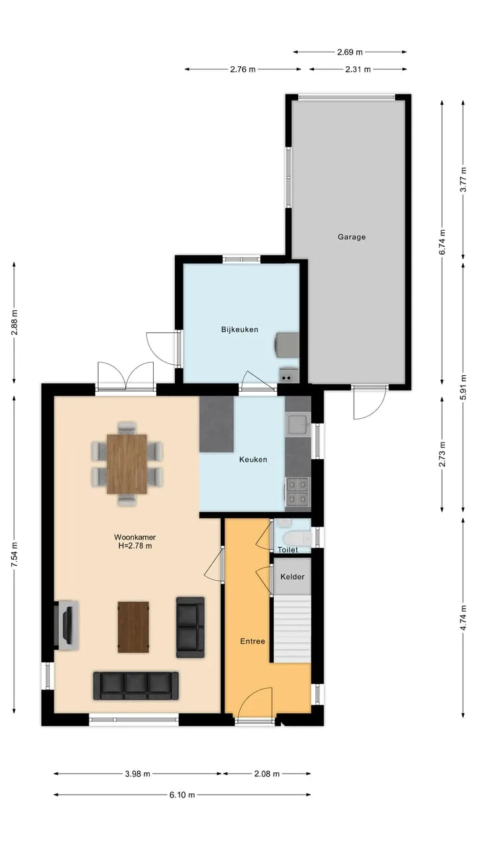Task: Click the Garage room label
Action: coord(352,237)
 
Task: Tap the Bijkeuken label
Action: coord(240,330)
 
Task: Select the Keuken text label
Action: coord(253,459)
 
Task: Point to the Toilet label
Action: coord(288,550)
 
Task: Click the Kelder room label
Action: coord(292,576)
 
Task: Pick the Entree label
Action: coord(252,641)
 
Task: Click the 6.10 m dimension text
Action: coord(182,795)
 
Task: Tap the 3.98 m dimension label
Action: coord(138,774)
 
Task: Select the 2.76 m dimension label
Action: coord(242,69)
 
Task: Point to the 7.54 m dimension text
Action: coord(15,555)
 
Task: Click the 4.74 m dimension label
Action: coord(463,617)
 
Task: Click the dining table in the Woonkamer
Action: coord(127,464)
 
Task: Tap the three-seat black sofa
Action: coord(136,686)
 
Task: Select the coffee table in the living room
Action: coord(133,627)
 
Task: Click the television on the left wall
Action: coord(68,625)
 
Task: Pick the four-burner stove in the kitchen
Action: coord(297,492)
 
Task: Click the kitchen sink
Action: coord(298,425)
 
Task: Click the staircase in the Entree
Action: coord(292,629)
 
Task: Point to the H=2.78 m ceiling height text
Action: coord(135,546)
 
